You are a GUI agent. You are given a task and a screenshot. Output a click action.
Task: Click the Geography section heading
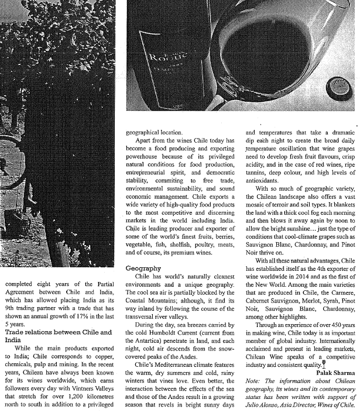(143, 269)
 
